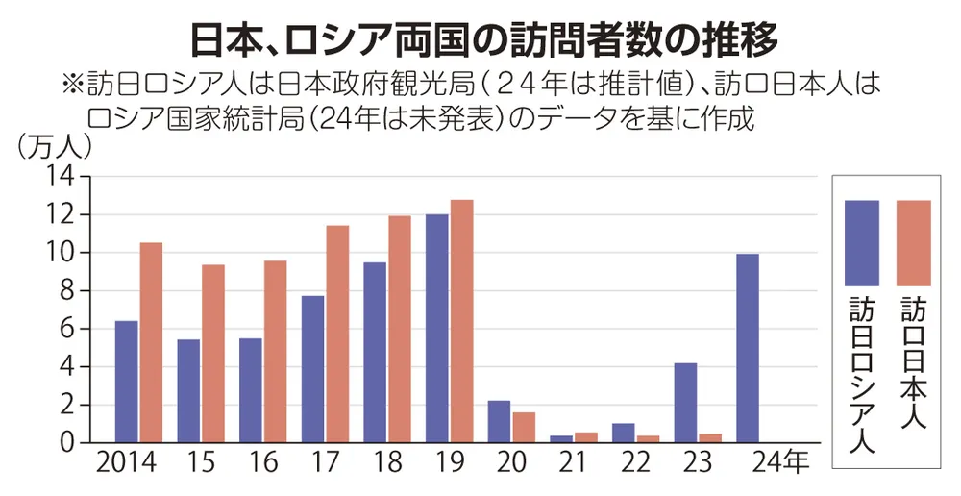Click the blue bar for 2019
click(x=436, y=328)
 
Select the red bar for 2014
click(x=151, y=342)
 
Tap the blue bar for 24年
click(x=747, y=348)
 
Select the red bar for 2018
click(x=399, y=329)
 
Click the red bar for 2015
click(x=213, y=353)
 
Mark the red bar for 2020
click(x=524, y=427)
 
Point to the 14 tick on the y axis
click(x=61, y=177)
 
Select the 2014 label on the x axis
click(x=128, y=464)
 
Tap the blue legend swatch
click(x=861, y=242)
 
